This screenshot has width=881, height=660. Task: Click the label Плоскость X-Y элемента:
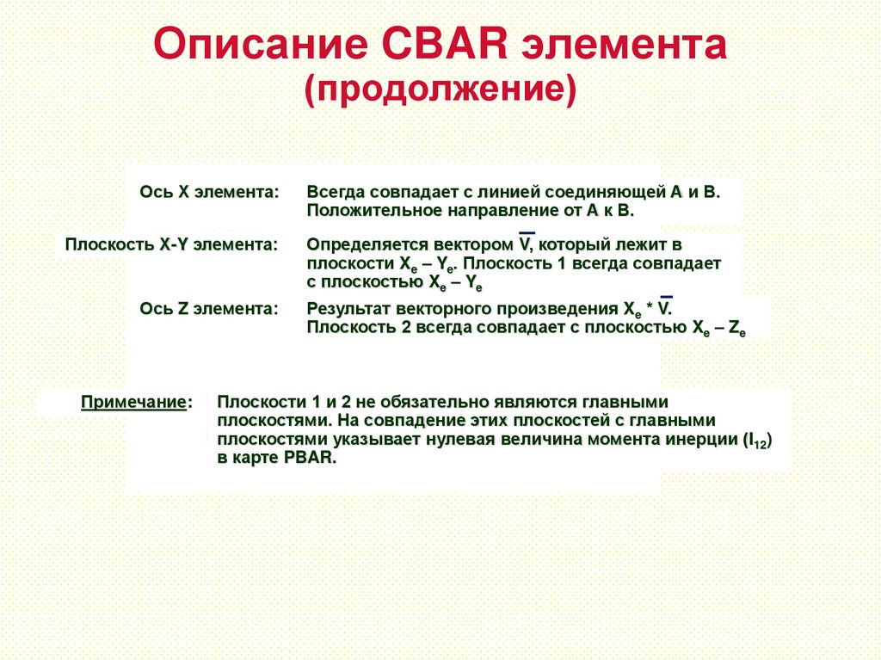(x=171, y=244)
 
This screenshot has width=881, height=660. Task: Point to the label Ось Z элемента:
(x=209, y=308)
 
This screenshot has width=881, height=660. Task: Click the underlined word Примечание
(x=132, y=402)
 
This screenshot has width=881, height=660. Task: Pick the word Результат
(x=345, y=308)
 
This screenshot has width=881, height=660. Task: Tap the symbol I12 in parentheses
(x=756, y=441)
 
